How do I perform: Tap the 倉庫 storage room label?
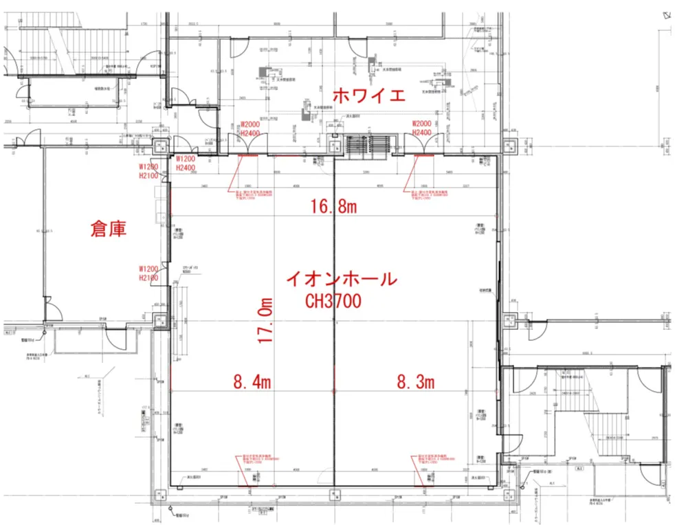click(x=109, y=230)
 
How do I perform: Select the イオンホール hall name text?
click(x=341, y=280)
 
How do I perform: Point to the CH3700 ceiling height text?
click(x=334, y=300)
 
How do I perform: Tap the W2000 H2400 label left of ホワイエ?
click(x=250, y=128)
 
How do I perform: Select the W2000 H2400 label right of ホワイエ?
click(x=421, y=128)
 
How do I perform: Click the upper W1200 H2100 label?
click(x=149, y=172)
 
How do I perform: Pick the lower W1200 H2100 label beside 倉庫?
click(x=149, y=273)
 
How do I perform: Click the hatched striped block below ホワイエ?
click(x=368, y=146)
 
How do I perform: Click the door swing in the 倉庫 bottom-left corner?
click(x=49, y=311)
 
